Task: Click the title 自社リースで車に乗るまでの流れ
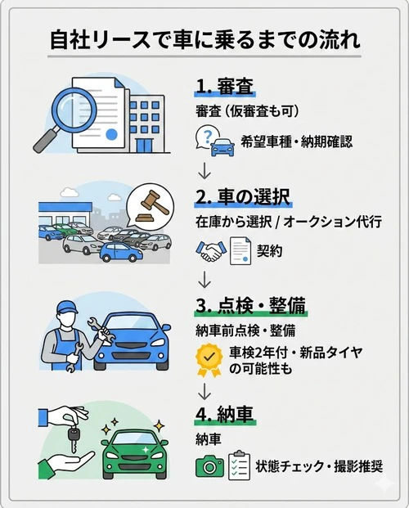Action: [x=204, y=38]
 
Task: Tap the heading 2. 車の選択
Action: [x=242, y=199]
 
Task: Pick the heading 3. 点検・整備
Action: [x=250, y=305]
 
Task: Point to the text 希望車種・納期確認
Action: [x=295, y=142]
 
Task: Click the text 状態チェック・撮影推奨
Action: [x=319, y=467]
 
